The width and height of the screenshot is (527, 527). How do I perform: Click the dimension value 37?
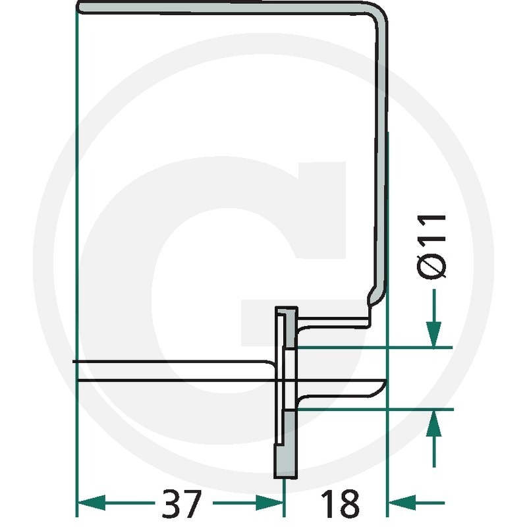pyautogui.click(x=182, y=503)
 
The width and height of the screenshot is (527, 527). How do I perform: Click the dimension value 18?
pyautogui.click(x=340, y=503)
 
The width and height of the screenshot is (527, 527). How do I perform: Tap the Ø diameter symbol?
pyautogui.click(x=432, y=267)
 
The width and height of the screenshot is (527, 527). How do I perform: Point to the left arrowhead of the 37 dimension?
pyautogui.click(x=92, y=503)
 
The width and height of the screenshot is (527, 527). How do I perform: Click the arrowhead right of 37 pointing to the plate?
pyautogui.click(x=269, y=503)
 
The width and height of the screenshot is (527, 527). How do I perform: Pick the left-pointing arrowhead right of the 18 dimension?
pyautogui.click(x=402, y=503)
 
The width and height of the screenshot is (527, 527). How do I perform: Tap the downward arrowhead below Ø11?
pyautogui.click(x=434, y=334)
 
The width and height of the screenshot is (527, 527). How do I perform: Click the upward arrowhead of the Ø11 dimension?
pyautogui.click(x=434, y=423)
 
